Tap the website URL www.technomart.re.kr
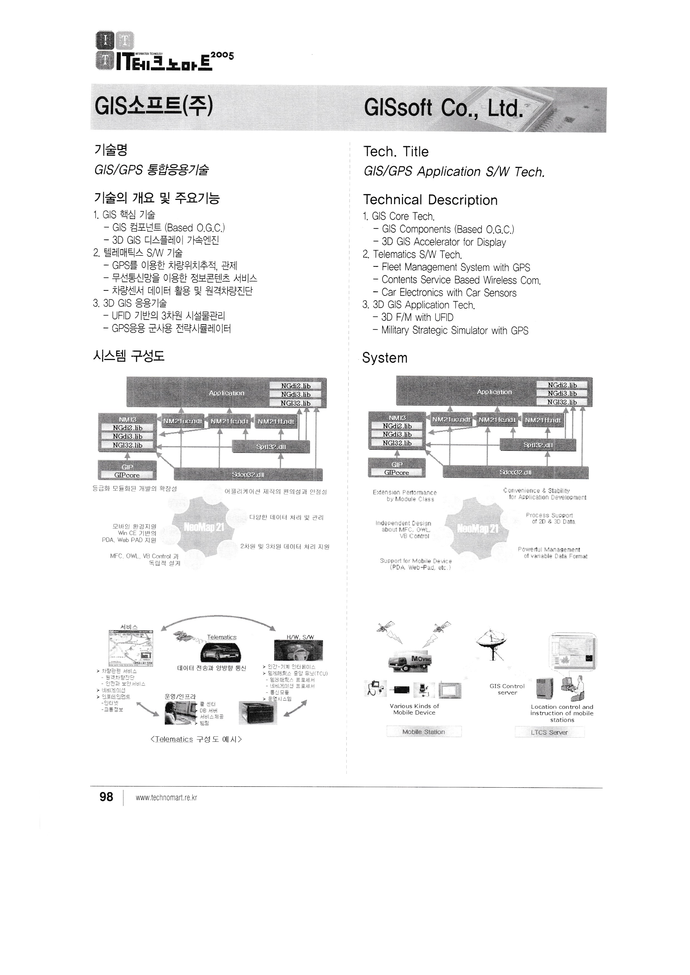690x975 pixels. click(x=166, y=798)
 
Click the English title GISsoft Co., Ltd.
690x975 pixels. click(x=442, y=108)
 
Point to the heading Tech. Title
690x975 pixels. click(x=396, y=152)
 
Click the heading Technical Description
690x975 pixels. click(x=430, y=200)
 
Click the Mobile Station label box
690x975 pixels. click(x=424, y=732)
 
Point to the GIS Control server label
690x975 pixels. click(x=507, y=689)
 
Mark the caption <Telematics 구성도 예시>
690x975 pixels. click(x=196, y=739)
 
